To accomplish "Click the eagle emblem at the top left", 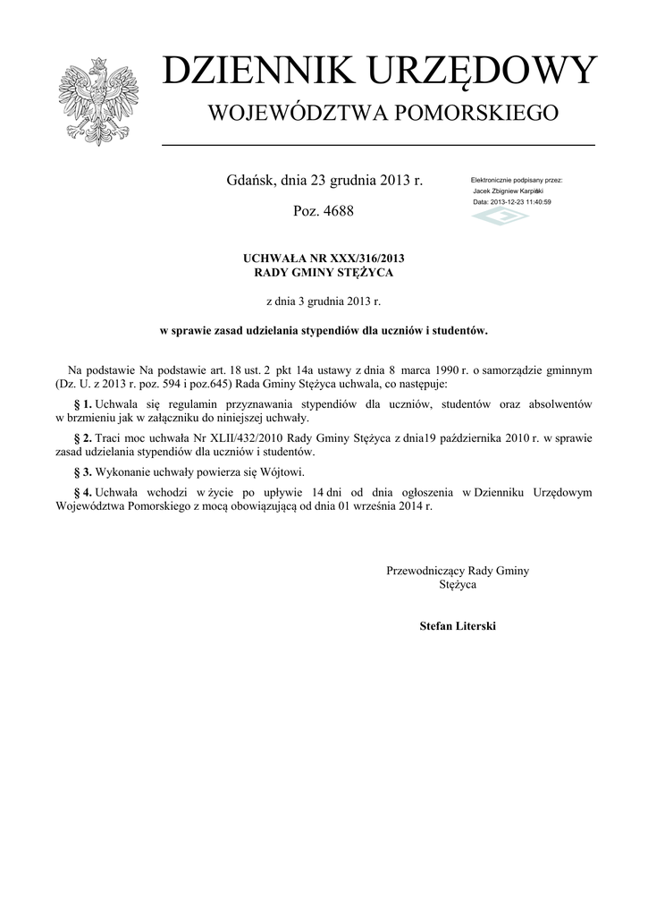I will [96, 100].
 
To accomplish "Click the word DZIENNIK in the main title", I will [249, 72].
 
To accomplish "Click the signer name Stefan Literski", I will [458, 626].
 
